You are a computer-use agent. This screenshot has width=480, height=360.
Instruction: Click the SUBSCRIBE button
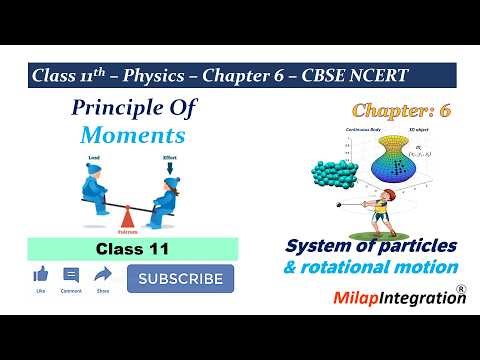click(x=180, y=279)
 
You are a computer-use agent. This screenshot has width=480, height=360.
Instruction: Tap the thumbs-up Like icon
click(x=41, y=274)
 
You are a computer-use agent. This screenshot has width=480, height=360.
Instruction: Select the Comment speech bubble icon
click(x=71, y=274)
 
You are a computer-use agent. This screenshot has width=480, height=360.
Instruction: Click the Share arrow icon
click(x=103, y=274)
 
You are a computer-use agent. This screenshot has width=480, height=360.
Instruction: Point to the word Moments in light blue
click(x=135, y=135)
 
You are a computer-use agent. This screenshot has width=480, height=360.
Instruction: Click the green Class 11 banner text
click(x=132, y=249)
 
